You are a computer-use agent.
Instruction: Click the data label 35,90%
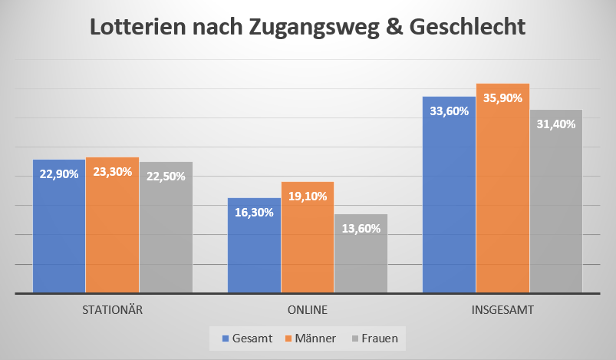click(503, 98)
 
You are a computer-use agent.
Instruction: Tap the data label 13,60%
click(361, 227)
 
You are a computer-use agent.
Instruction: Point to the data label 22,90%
click(59, 174)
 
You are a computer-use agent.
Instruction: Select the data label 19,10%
click(308, 196)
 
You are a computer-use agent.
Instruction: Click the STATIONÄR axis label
click(113, 311)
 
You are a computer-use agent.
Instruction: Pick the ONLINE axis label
click(308, 311)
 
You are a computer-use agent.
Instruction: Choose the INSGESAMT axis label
click(502, 311)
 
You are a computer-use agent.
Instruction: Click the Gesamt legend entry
click(248, 338)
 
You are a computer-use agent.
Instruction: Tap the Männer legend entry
click(311, 338)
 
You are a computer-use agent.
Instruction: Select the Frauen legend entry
click(375, 338)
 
